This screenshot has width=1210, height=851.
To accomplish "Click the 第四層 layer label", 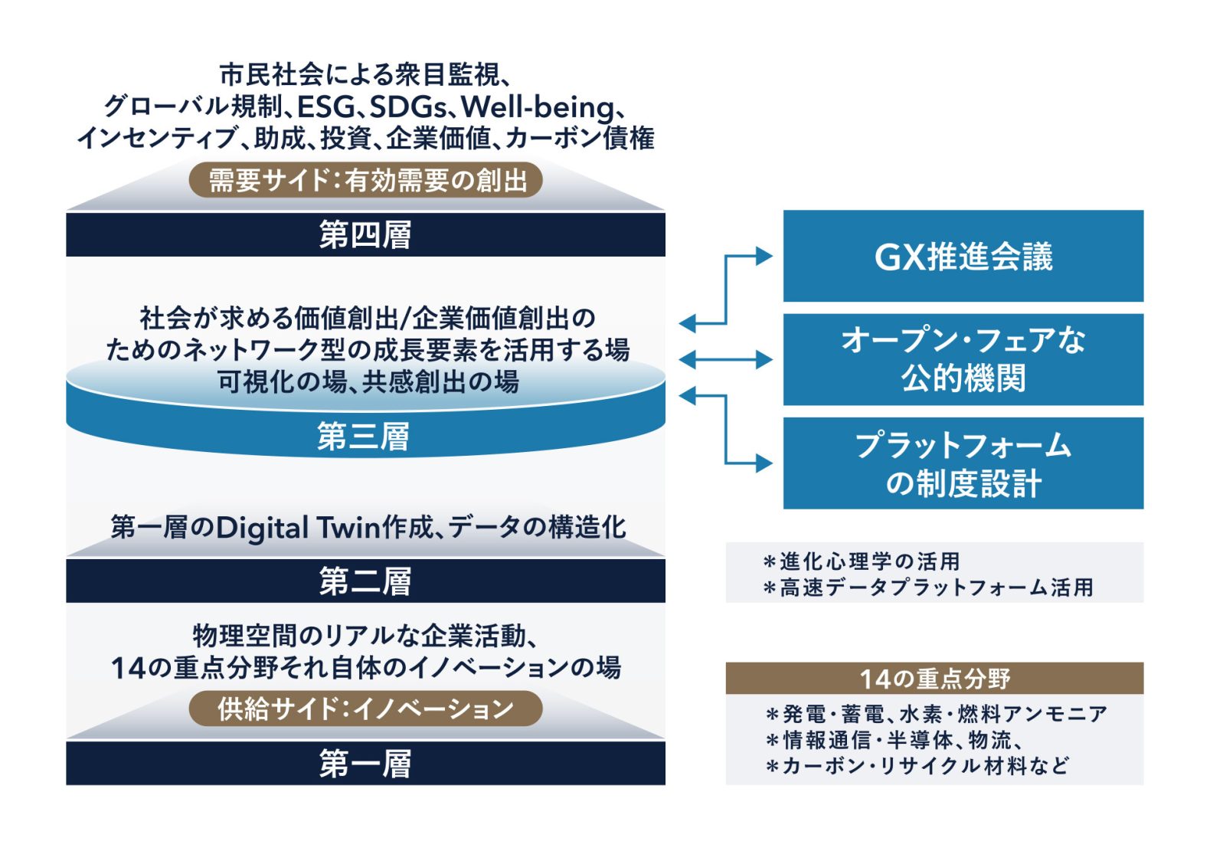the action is tap(365, 235).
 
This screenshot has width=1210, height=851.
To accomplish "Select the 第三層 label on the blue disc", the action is tap(363, 437).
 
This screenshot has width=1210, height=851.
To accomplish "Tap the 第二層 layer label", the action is tap(365, 581).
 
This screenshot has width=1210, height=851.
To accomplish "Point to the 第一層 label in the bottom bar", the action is tap(365, 764).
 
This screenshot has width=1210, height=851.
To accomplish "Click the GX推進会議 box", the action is tap(963, 256).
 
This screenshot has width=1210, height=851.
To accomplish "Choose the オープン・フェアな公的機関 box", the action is tap(963, 359).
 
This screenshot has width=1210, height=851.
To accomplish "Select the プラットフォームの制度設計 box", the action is tap(963, 463).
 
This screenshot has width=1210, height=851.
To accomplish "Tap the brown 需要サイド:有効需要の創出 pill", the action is tap(366, 180).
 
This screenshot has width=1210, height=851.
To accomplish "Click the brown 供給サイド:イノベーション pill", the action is tap(366, 709).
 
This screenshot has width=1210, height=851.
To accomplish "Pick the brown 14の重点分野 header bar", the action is tap(934, 678).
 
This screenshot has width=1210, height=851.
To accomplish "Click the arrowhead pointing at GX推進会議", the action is tap(764, 256).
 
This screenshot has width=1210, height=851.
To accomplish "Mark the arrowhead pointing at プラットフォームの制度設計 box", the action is tap(764, 463).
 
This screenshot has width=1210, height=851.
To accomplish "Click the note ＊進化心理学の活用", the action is tap(862, 562).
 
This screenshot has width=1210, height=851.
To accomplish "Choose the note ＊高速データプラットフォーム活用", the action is tap(929, 588).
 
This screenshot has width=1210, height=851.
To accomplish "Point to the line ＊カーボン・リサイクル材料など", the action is tap(917, 766).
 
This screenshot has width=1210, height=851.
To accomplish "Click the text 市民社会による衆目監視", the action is tap(359, 74).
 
